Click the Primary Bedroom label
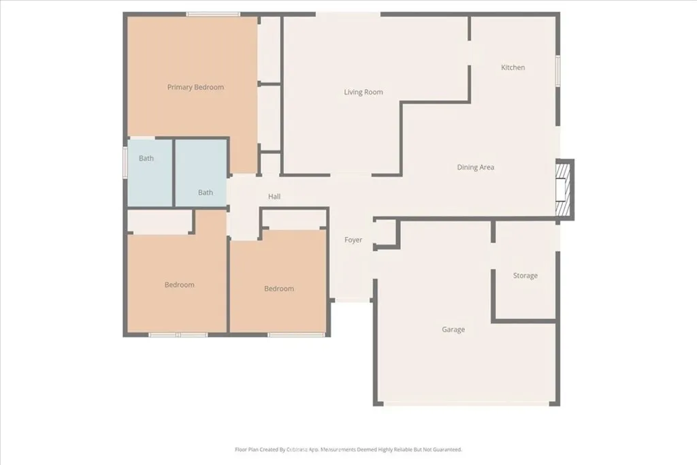click(x=195, y=87)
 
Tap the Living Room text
click(x=363, y=92)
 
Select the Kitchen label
click(x=513, y=67)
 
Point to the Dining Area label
click(x=475, y=167)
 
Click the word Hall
click(x=274, y=197)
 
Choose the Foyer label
click(x=353, y=240)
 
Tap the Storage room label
click(x=525, y=276)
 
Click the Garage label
click(x=453, y=330)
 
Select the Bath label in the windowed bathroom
click(x=146, y=159)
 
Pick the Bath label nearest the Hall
click(x=206, y=193)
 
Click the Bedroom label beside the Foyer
click(x=279, y=289)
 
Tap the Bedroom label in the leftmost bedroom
click(x=179, y=285)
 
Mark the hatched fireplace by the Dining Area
click(x=564, y=191)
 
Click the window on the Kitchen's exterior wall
click(x=557, y=71)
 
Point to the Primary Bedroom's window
click(x=213, y=14)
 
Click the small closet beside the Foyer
click(x=385, y=235)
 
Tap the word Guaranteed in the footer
click(x=446, y=449)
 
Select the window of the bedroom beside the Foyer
click(x=295, y=334)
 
